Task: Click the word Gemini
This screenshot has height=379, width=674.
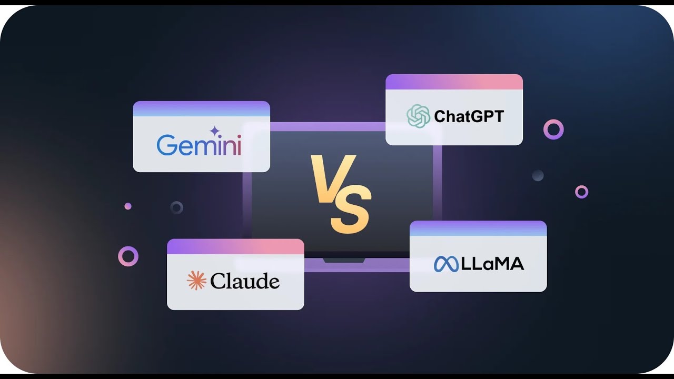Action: coord(199,145)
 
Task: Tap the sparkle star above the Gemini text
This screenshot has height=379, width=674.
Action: coord(214,131)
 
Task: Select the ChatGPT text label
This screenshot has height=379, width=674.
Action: coord(469,116)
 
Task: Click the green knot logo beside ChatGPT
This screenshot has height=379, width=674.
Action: coord(419,116)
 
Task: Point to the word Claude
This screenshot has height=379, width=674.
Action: coord(245,281)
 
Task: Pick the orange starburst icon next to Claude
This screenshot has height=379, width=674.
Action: coord(196,281)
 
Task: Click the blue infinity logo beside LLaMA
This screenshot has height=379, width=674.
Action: coord(446,264)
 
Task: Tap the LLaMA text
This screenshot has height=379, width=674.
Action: coord(492,264)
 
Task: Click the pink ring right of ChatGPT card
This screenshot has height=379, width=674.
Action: coord(553,129)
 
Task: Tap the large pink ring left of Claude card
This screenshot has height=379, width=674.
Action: coord(128,256)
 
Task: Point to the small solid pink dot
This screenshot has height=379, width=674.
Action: coord(128,206)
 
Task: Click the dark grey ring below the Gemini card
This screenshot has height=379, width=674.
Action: coord(177,207)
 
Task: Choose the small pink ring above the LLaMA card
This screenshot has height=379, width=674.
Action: coord(581,192)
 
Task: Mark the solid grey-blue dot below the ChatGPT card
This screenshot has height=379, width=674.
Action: coord(538,175)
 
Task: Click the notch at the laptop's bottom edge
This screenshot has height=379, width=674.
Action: coord(344,260)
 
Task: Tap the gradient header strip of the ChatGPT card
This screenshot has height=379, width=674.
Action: coord(454,82)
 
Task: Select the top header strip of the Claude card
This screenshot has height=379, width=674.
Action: coord(235,247)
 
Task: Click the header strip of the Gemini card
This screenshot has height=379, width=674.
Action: coord(201,109)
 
